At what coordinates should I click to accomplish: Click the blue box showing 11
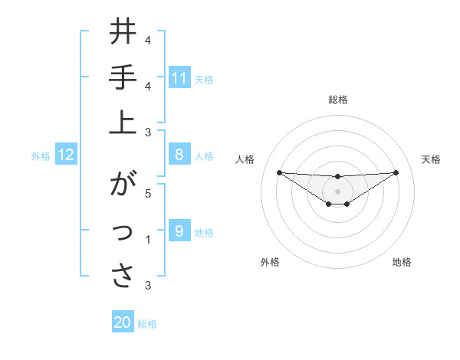click(179, 78)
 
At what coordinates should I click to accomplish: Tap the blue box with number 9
click(179, 231)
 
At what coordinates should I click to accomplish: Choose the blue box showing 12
click(66, 155)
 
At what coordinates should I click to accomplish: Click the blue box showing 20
click(123, 322)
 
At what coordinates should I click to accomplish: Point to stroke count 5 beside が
click(148, 193)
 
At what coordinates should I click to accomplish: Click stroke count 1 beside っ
click(148, 239)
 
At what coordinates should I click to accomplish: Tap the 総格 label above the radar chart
click(337, 100)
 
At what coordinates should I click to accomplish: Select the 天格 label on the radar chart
click(431, 159)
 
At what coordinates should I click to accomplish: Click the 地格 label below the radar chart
click(402, 262)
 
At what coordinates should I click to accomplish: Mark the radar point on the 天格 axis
click(396, 172)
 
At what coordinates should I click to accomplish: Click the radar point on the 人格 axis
click(279, 172)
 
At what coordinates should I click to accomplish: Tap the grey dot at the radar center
click(337, 191)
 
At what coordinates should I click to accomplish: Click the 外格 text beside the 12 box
click(41, 156)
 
